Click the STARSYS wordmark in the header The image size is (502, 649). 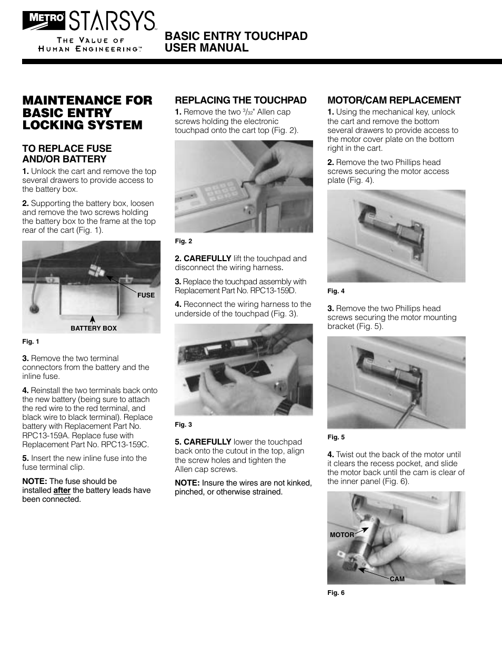[x=112, y=20]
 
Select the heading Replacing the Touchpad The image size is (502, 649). [x=240, y=100]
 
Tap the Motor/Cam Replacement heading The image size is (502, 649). [x=394, y=100]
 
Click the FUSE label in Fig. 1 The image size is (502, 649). [x=146, y=295]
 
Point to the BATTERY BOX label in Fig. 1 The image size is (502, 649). [x=94, y=328]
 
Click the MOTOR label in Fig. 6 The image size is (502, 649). [x=342, y=535]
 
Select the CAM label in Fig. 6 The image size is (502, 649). [x=397, y=579]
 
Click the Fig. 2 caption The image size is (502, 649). [x=184, y=241]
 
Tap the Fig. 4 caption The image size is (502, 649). [x=336, y=291]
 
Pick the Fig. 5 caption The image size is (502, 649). [x=336, y=437]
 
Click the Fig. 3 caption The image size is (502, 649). [x=184, y=425]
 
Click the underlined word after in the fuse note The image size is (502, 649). [x=62, y=490]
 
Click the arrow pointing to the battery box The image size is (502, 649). [x=93, y=320]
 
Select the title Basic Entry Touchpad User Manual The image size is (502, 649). [x=236, y=42]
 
